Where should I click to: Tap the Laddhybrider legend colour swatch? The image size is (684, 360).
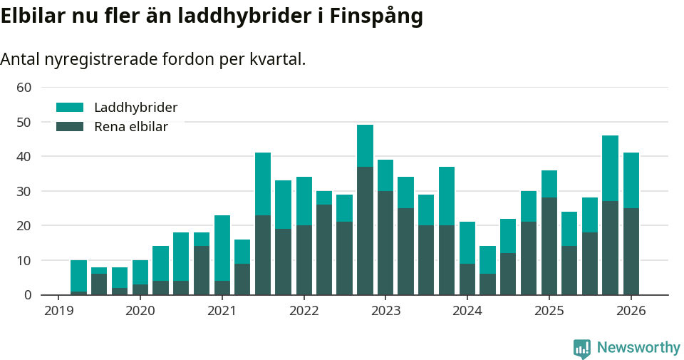[70, 108]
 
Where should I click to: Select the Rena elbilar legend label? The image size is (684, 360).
[131, 127]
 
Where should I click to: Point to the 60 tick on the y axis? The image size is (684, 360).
[24, 88]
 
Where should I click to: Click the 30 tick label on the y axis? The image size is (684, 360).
[24, 191]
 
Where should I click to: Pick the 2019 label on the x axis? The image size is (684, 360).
[58, 311]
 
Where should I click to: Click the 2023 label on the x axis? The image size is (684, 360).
[385, 311]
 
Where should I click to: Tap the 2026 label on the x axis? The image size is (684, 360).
[631, 311]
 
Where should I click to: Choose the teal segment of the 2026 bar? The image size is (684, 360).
[631, 180]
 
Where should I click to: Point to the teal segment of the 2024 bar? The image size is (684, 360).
[467, 242]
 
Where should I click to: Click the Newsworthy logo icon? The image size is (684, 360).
[581, 348]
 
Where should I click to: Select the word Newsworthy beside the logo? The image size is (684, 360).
[638, 348]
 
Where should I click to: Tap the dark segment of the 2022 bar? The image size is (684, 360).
[304, 259]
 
